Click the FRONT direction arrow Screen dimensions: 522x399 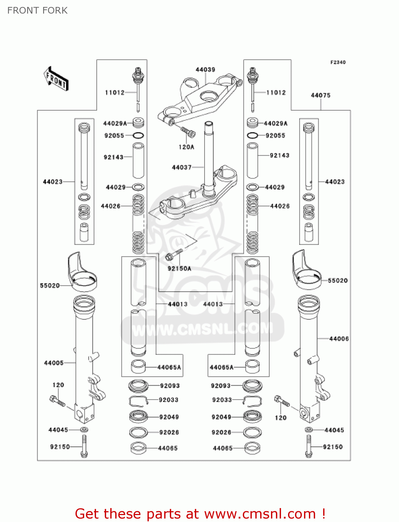(56, 79)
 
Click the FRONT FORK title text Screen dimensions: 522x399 (37, 10)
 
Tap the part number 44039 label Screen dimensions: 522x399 (205, 70)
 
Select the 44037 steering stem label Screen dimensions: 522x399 (182, 167)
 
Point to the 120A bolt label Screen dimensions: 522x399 (186, 147)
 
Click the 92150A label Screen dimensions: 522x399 (179, 268)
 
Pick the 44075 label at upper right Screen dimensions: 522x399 (320, 95)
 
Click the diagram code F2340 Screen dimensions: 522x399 (338, 62)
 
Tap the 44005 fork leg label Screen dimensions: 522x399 (54, 363)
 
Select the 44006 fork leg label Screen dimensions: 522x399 (339, 339)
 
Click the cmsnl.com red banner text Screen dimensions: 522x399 (200, 514)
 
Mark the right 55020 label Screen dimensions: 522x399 (337, 280)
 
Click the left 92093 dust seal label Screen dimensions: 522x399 (170, 386)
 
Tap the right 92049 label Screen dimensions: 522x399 (221, 417)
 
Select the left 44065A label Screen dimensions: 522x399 (169, 367)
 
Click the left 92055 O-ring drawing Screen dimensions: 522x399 (138, 135)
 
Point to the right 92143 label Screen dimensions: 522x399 (279, 155)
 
